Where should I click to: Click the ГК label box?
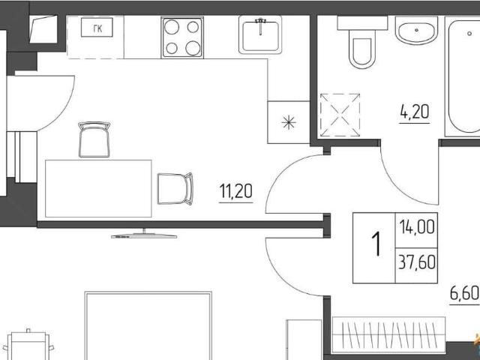97,27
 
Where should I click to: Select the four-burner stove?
183,37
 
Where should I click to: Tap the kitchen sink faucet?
260,25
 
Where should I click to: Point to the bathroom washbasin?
416,30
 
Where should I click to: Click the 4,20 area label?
415,112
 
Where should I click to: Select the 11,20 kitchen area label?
235,191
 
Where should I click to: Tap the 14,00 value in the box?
417,227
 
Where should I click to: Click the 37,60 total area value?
417,262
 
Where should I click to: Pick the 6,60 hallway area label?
464,294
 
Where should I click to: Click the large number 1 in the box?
376,244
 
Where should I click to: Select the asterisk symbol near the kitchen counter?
289,123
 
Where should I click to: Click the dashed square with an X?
340,115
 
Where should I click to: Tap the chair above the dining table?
94,139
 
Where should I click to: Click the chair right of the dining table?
175,188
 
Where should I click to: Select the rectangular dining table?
98,188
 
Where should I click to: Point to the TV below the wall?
144,234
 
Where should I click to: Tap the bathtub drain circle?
469,34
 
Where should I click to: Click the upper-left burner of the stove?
172,27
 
